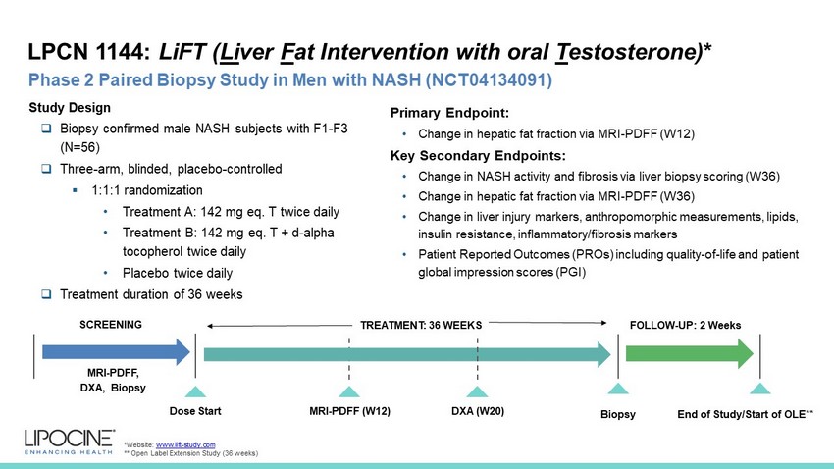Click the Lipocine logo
click(69, 442)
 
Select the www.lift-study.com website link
click(185, 444)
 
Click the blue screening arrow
click(116, 352)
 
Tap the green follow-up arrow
click(690, 353)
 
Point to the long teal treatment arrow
click(407, 354)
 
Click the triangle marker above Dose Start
click(195, 391)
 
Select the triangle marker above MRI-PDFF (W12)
click(349, 391)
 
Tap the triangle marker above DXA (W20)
click(477, 391)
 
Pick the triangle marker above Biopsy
click(618, 389)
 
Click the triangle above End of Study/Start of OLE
click(760, 389)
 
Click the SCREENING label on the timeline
click(111, 325)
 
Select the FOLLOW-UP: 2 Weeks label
click(685, 325)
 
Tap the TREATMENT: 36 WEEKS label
click(421, 325)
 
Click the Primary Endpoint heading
click(449, 113)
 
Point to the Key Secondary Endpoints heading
click(478, 156)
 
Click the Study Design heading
click(70, 107)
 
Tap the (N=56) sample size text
click(79, 147)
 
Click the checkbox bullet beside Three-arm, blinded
click(47, 169)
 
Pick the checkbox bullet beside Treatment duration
click(47, 294)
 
